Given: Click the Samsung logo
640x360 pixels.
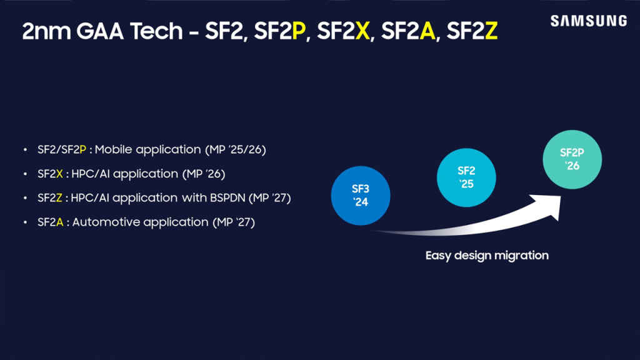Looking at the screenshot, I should tap(588, 21).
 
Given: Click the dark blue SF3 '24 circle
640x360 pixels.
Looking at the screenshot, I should tap(361, 194).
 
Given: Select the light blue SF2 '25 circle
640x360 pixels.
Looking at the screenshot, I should tap(466, 177).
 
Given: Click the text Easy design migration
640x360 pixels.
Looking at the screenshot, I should tap(487, 255).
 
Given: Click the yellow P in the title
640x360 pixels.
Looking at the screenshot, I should tap(299, 32).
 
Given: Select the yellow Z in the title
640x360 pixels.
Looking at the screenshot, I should tap(491, 32).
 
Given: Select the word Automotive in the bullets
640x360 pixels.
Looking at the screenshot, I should tap(102, 222).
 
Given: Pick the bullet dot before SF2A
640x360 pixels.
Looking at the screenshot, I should tap(25, 222).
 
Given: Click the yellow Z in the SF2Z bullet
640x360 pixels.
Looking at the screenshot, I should tap(59, 198).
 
